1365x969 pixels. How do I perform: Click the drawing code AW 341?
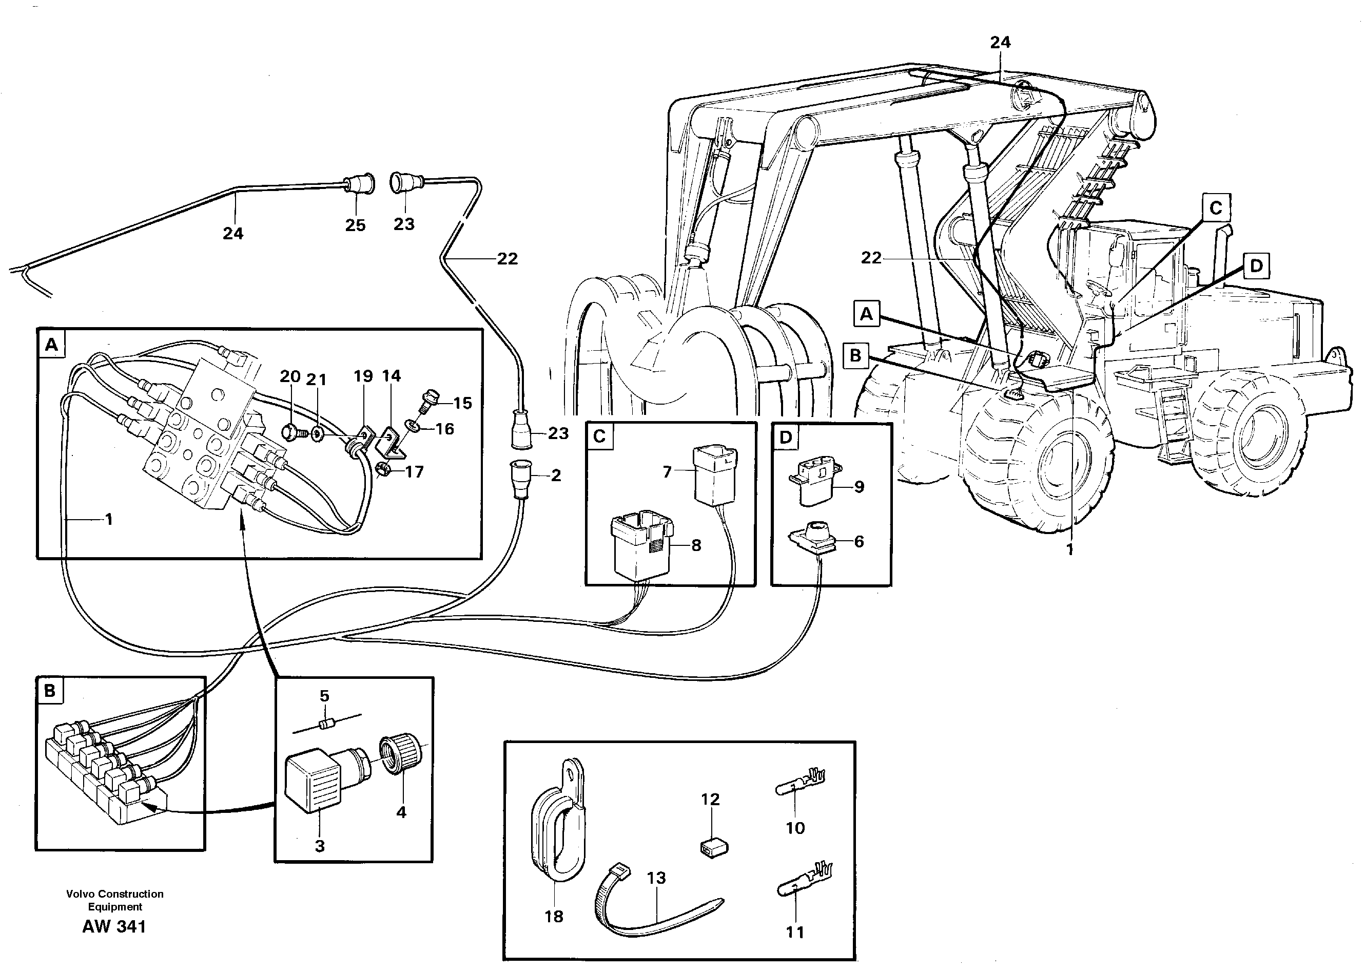[x=114, y=927]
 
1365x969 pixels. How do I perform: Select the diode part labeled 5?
[x=325, y=725]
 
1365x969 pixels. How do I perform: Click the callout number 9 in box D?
[x=859, y=487]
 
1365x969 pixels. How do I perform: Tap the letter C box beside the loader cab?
[x=1216, y=208]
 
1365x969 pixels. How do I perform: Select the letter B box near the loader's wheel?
[x=856, y=356]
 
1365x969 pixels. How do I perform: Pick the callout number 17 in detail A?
[x=414, y=472]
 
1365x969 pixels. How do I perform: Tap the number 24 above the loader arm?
[x=1000, y=42]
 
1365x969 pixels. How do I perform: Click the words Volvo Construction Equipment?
[x=114, y=900]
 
